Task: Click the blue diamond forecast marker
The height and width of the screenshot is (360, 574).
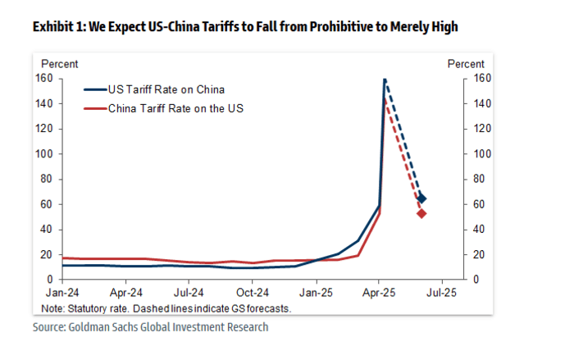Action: tap(422, 198)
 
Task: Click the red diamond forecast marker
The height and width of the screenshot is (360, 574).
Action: tap(421, 213)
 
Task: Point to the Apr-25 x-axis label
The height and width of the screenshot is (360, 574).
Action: tap(380, 291)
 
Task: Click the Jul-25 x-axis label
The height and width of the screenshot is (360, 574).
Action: tap(443, 291)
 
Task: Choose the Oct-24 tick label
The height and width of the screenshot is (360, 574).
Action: tap(253, 291)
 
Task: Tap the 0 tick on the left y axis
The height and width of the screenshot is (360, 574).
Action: tap(49, 280)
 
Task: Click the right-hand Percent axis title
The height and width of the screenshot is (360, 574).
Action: tap(465, 63)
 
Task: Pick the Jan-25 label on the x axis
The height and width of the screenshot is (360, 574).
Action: tap(316, 291)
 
